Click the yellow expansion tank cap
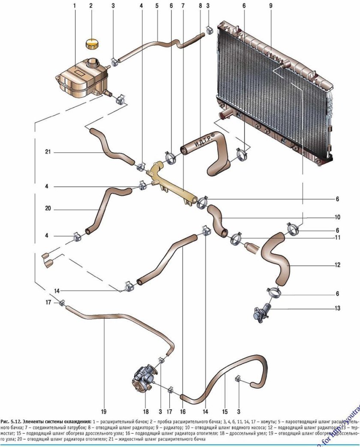[x=92, y=44]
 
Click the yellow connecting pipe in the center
[x=171, y=182]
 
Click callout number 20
[x=48, y=209]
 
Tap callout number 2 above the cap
[x=91, y=6]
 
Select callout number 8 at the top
[x=200, y=6]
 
